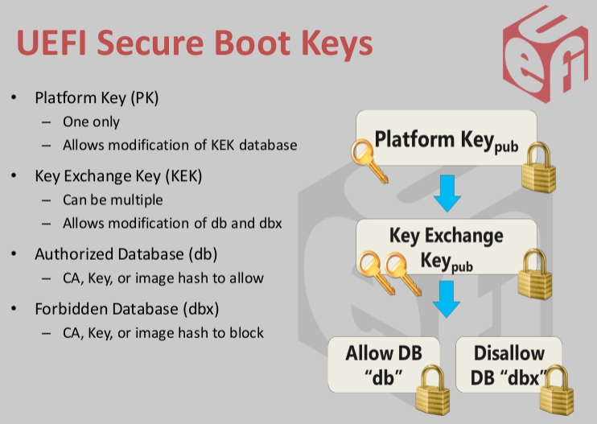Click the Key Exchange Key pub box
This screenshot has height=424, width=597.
click(x=447, y=249)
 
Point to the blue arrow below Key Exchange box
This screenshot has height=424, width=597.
click(x=446, y=298)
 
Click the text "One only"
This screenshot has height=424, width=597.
click(x=91, y=122)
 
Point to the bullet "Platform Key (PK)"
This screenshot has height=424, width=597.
click(x=97, y=98)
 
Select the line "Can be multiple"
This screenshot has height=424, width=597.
click(x=113, y=200)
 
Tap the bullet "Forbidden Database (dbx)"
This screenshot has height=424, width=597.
click(x=126, y=308)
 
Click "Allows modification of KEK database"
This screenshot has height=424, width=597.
click(x=180, y=146)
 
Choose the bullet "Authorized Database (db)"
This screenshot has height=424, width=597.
click(x=126, y=254)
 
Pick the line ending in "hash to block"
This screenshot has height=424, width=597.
click(x=163, y=332)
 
